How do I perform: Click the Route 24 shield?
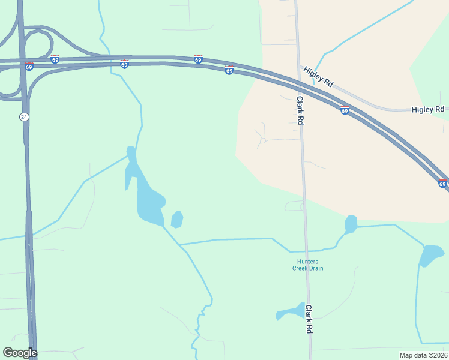click(24, 117)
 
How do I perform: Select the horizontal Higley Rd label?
click(428, 109)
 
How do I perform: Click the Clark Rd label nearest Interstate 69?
click(300, 110)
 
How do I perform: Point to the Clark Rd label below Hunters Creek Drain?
click(309, 319)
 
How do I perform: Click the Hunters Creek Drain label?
click(310, 265)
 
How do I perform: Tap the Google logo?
click(20, 353)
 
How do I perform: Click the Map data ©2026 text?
click(423, 355)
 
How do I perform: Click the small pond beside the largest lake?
click(176, 220)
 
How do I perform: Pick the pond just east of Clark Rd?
click(351, 224)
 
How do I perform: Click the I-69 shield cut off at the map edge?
click(442, 184)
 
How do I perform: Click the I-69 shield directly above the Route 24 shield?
click(29, 66)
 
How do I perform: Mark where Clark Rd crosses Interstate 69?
click(298, 83)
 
